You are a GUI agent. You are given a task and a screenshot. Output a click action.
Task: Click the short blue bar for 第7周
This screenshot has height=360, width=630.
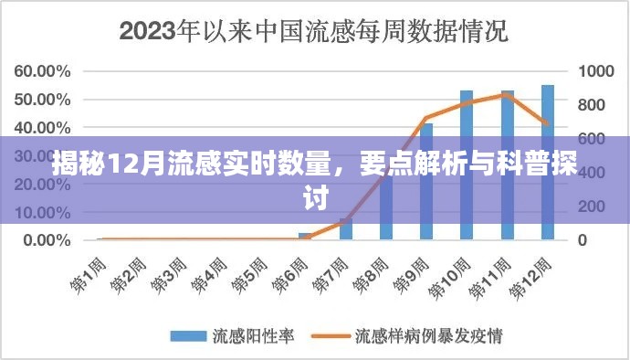pos(345,230)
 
